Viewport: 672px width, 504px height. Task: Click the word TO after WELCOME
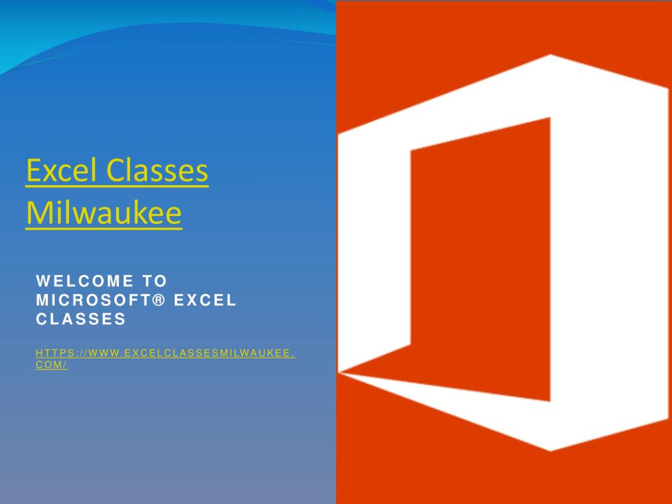coord(155,281)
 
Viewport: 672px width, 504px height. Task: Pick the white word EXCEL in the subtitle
coord(205,300)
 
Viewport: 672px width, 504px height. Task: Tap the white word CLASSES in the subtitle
coord(81,319)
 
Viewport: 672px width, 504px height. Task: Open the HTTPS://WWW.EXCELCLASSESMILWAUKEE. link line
coord(165,353)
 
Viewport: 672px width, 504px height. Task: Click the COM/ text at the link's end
coord(51,365)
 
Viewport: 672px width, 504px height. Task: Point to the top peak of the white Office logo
coord(550,55)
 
